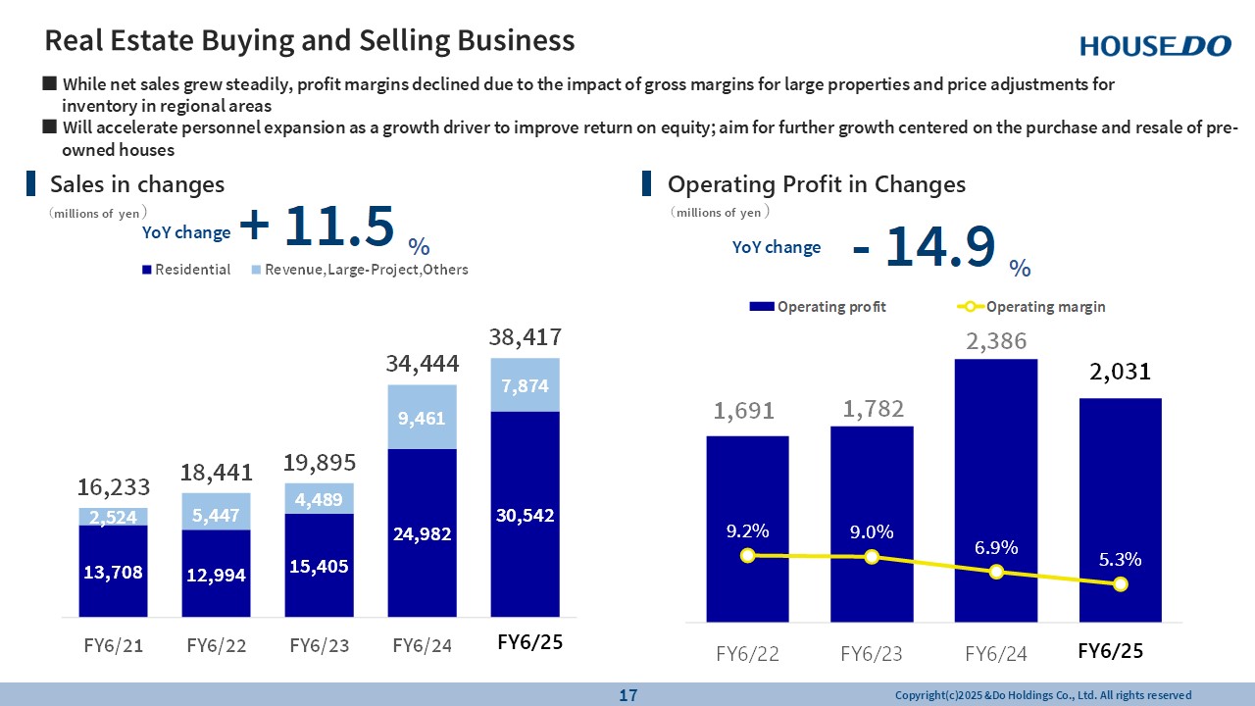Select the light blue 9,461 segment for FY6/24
(421, 417)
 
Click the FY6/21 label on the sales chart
(113, 645)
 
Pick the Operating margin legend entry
(1031, 307)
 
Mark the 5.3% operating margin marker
(1121, 584)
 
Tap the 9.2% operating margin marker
(748, 555)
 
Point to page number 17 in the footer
(627, 695)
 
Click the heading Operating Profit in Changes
(816, 184)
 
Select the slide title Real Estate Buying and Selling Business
(310, 40)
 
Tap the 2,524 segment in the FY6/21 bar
(113, 516)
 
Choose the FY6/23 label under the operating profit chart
(872, 653)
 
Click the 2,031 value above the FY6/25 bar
(1121, 372)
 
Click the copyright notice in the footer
(1043, 695)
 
